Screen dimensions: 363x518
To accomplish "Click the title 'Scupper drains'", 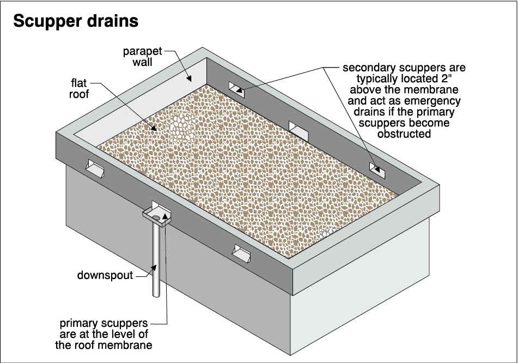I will [75, 21].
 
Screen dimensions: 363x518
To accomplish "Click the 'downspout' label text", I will [105, 275].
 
